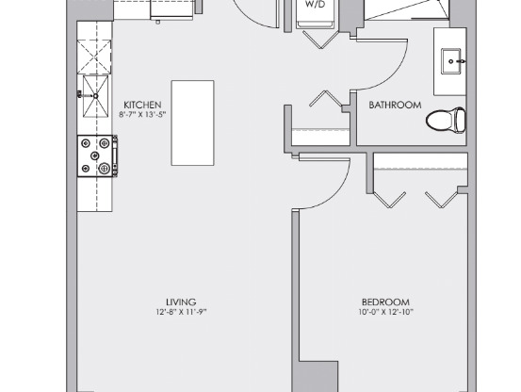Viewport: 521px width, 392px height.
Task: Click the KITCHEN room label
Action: tap(142, 105)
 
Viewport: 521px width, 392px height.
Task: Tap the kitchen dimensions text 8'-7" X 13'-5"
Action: tap(142, 115)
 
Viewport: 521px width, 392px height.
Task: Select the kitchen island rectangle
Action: tap(192, 122)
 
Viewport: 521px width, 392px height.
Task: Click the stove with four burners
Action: tap(97, 155)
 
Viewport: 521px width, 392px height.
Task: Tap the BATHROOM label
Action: tap(395, 106)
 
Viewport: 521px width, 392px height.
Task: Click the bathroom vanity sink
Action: tap(453, 61)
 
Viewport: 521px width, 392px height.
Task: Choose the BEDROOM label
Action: tap(385, 302)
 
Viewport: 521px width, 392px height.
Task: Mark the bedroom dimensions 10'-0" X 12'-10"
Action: tap(385, 313)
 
